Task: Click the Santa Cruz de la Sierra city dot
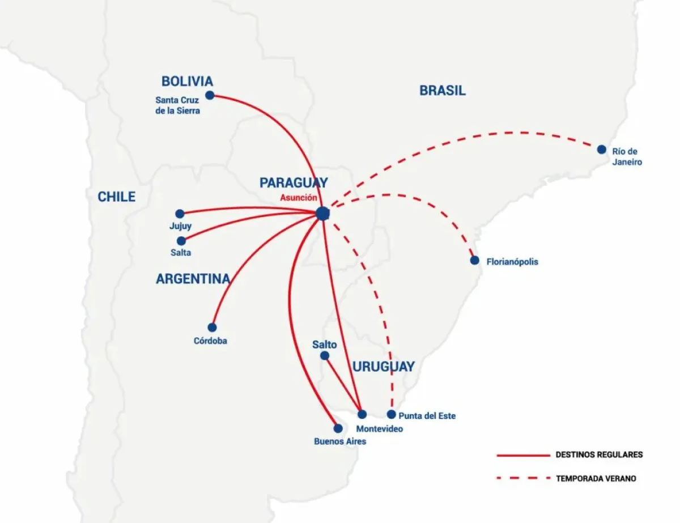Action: click(210, 95)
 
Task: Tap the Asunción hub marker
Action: click(322, 214)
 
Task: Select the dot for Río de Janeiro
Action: click(601, 150)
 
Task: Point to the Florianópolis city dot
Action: click(474, 260)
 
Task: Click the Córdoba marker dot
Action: click(212, 328)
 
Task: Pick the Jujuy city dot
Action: click(180, 214)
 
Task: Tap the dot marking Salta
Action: click(181, 241)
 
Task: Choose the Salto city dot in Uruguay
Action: click(325, 356)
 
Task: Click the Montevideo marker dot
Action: click(362, 414)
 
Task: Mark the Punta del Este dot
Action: click(391, 414)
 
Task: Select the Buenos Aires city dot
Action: click(338, 428)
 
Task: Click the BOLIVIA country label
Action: click(187, 82)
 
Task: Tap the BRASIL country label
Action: click(442, 91)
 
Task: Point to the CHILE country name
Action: click(116, 197)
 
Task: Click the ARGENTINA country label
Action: click(193, 279)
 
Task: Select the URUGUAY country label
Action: click(383, 367)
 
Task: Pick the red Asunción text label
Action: click(298, 198)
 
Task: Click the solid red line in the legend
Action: click(523, 456)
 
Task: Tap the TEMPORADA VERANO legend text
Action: click(596, 479)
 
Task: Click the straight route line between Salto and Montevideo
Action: click(343, 385)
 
